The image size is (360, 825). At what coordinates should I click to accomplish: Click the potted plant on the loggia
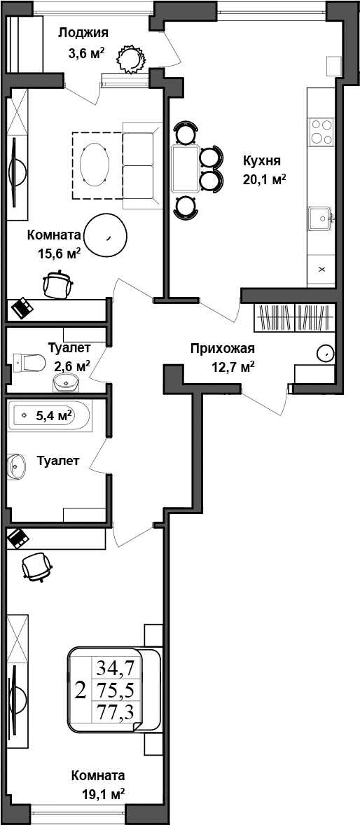click(130, 59)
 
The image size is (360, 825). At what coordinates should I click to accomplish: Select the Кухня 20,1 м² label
click(264, 169)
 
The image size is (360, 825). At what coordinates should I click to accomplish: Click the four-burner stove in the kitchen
click(321, 131)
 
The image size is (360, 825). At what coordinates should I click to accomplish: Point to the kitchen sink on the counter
click(321, 219)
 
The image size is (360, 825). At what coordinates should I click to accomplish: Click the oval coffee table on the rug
click(95, 165)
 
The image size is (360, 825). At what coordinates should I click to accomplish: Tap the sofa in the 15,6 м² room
click(138, 165)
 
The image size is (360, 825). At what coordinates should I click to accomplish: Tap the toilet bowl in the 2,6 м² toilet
click(29, 361)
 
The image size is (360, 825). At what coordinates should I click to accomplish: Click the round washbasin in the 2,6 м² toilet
click(67, 382)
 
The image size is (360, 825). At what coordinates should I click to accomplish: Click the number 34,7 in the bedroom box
click(115, 667)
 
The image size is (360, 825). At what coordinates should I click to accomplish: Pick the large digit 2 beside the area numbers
click(81, 690)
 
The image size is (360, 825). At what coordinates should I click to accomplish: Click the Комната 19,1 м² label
click(98, 784)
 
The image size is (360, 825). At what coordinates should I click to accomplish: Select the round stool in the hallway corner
click(325, 352)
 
